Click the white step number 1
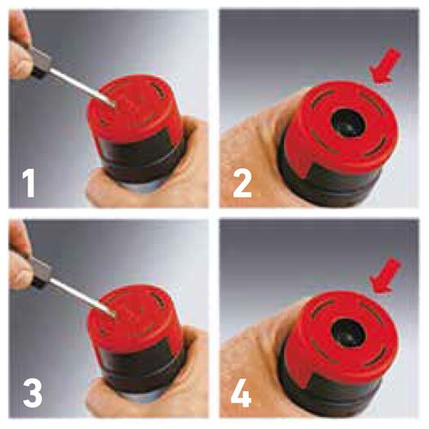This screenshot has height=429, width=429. tap(28, 183)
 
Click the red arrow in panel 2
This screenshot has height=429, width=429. tap(384, 66)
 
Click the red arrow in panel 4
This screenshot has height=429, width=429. tap(384, 275)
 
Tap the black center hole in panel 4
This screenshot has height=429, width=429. tap(348, 332)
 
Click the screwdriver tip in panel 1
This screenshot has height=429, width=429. tap(114, 106)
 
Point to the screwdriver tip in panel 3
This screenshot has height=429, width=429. tap(114, 316)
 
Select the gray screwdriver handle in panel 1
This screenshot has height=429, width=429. tap(40, 62)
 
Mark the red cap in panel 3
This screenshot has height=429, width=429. tap(135, 320)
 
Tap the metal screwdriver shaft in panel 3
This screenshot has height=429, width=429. tap(83, 297)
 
